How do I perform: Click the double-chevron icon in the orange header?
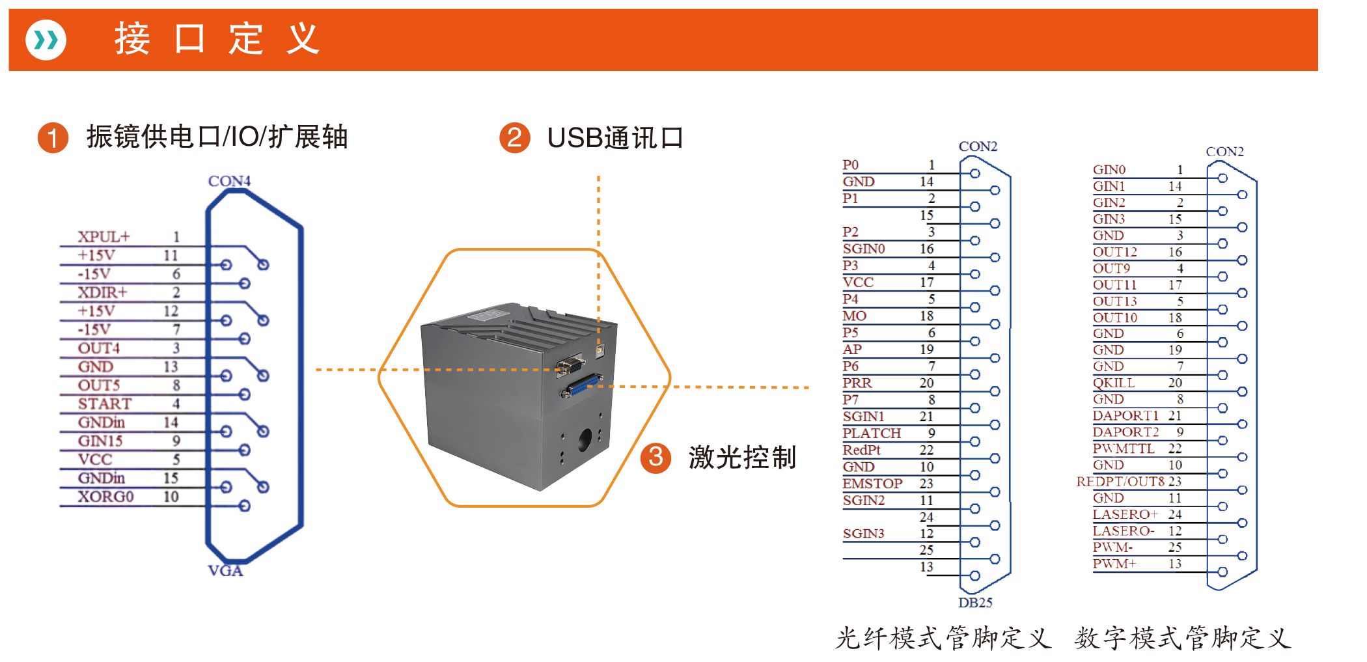pyautogui.click(x=46, y=40)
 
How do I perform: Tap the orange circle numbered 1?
pyautogui.click(x=53, y=137)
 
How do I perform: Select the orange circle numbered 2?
pyautogui.click(x=514, y=137)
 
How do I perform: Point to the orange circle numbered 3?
pyautogui.click(x=656, y=457)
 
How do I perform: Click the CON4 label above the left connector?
pyautogui.click(x=229, y=181)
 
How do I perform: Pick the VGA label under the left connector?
pyautogui.click(x=225, y=571)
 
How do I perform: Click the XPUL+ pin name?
pyautogui.click(x=104, y=236)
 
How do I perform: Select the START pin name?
pyautogui.click(x=104, y=404)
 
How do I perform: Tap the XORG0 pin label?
pyautogui.click(x=105, y=497)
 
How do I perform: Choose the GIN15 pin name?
pyautogui.click(x=100, y=441)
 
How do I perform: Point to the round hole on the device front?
pyautogui.click(x=585, y=441)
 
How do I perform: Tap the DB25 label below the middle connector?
pyautogui.click(x=975, y=603)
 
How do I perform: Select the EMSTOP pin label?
pyautogui.click(x=872, y=484)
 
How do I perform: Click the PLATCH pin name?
pyautogui.click(x=872, y=434)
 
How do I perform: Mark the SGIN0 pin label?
pyautogui.click(x=864, y=249)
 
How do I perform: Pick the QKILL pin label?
pyautogui.click(x=1114, y=383)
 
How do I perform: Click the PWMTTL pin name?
pyautogui.click(x=1124, y=448)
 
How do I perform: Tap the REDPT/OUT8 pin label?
pyautogui.click(x=1120, y=482)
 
